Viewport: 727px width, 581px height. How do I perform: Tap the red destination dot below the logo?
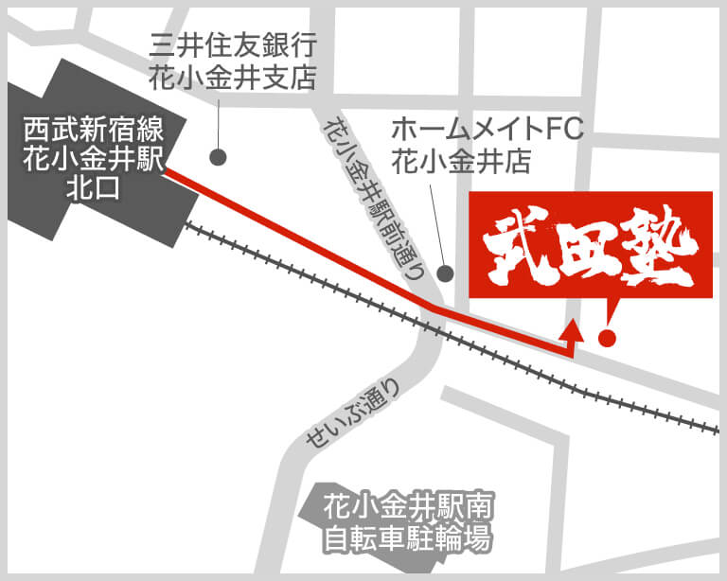(608, 336)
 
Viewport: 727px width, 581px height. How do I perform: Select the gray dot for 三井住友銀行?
(219, 155)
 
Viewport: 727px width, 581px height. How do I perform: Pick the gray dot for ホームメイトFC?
(446, 273)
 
